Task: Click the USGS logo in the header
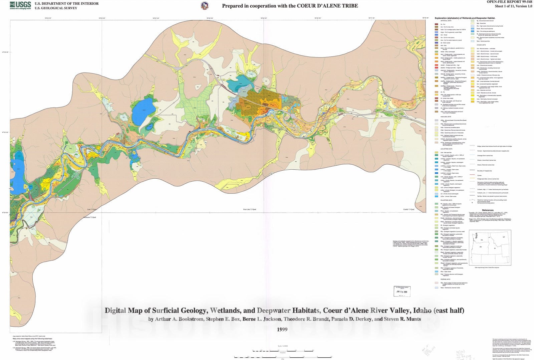click(20, 5)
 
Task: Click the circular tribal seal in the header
click(204, 6)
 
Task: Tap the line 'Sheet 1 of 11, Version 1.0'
click(513, 6)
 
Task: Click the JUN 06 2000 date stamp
click(402, 292)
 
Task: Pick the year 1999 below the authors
click(282, 330)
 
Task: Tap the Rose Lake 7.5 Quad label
click(249, 209)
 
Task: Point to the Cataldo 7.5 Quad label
click(409, 209)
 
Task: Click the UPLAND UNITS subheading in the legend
click(481, 45)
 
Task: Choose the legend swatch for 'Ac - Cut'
click(437, 24)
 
